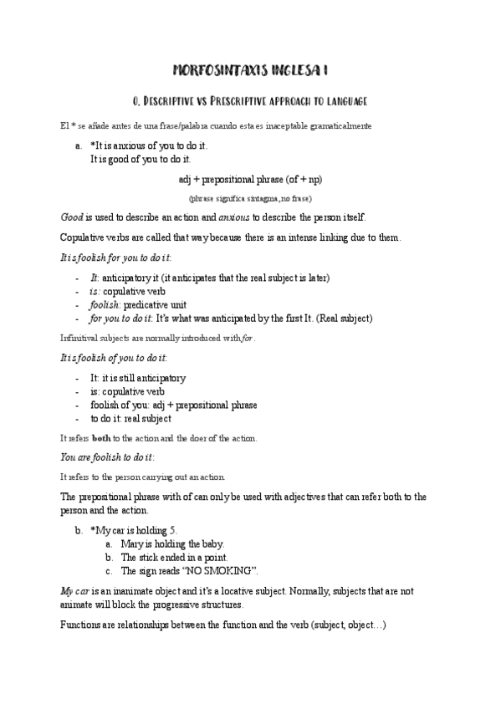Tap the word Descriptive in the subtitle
(181, 101)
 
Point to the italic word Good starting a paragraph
(71, 217)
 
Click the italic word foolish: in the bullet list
(105, 306)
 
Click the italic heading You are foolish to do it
(107, 457)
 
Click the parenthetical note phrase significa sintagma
(250, 198)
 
